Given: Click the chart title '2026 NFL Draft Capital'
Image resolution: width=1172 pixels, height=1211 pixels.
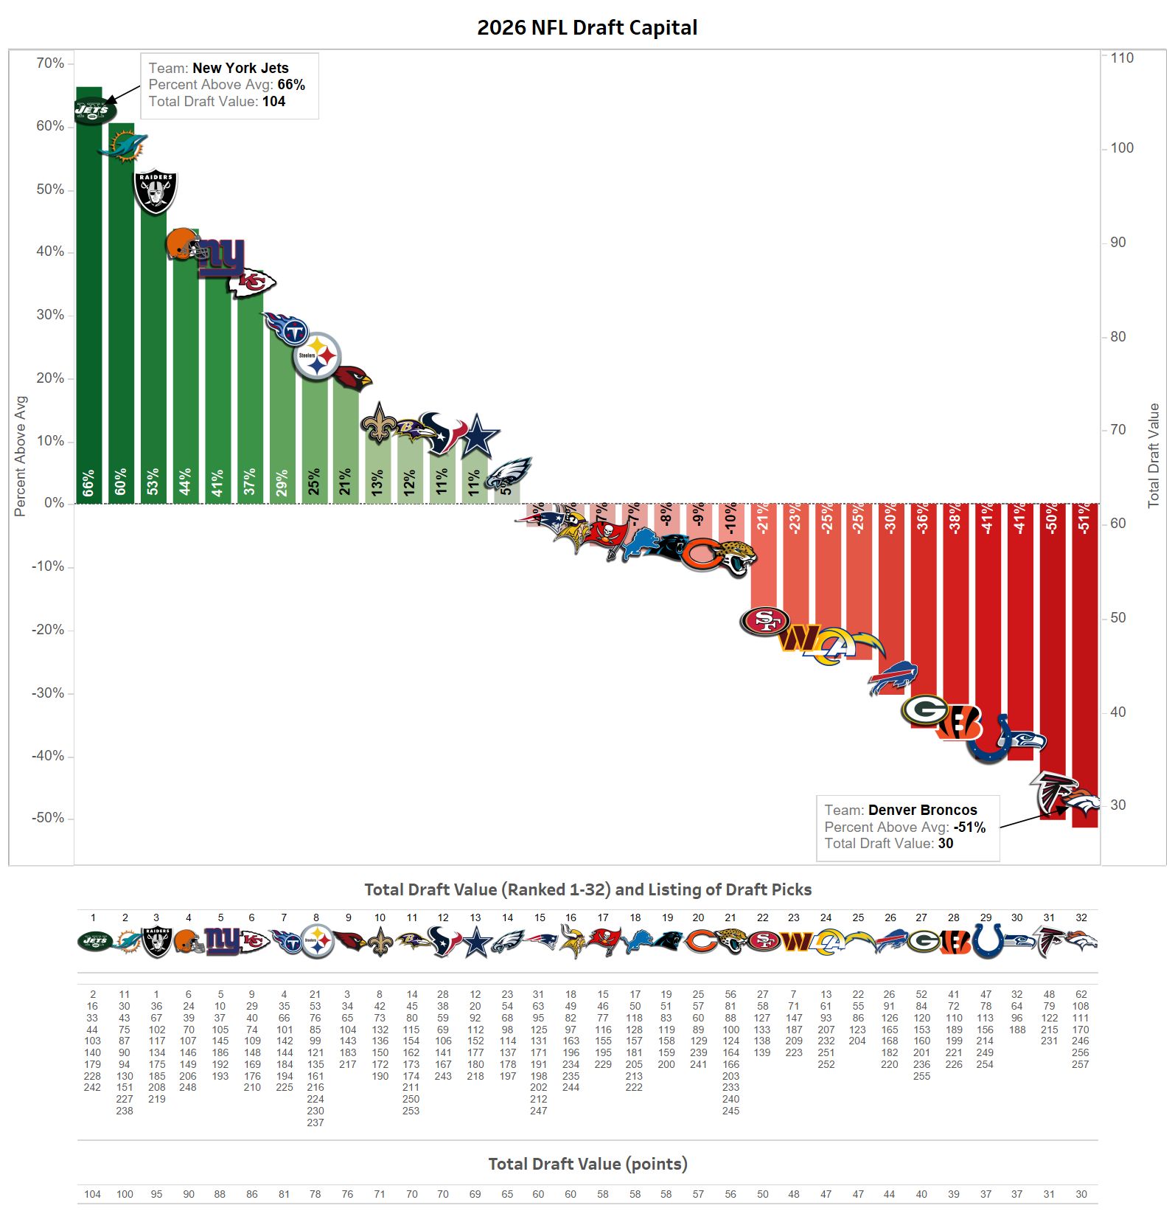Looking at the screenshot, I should (x=587, y=28).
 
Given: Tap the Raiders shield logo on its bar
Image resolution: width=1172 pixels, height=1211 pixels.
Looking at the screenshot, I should (x=156, y=192).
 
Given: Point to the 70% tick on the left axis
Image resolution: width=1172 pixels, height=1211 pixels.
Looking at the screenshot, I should (x=50, y=63).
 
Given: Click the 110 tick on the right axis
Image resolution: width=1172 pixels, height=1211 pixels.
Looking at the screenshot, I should (x=1121, y=58).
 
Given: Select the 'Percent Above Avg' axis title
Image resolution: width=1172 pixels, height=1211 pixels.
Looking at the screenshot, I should (x=20, y=456).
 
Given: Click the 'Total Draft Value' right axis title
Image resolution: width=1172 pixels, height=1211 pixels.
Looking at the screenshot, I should (x=1154, y=455).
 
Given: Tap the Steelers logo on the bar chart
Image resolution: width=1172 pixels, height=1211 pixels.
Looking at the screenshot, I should (x=317, y=356).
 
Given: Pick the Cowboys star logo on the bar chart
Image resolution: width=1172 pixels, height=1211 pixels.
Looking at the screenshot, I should (x=478, y=436).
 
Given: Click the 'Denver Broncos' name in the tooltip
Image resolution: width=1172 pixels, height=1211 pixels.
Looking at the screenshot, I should (x=922, y=810).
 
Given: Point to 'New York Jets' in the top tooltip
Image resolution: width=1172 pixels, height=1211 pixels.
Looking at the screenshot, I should (x=240, y=68).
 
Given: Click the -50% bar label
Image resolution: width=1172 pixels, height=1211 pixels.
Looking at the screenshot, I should (x=1052, y=518).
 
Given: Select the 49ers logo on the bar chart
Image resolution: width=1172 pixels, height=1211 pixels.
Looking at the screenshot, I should (x=765, y=621).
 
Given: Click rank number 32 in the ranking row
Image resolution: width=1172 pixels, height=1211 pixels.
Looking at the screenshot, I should (x=1081, y=917).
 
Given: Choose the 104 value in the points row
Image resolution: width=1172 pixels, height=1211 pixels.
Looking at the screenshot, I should (x=92, y=1194).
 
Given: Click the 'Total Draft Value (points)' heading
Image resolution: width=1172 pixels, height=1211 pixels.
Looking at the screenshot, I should (x=587, y=1164).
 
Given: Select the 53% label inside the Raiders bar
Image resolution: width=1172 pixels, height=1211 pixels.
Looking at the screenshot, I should (x=153, y=482).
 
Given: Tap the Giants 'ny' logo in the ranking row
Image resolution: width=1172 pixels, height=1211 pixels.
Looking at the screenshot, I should (x=221, y=942).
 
